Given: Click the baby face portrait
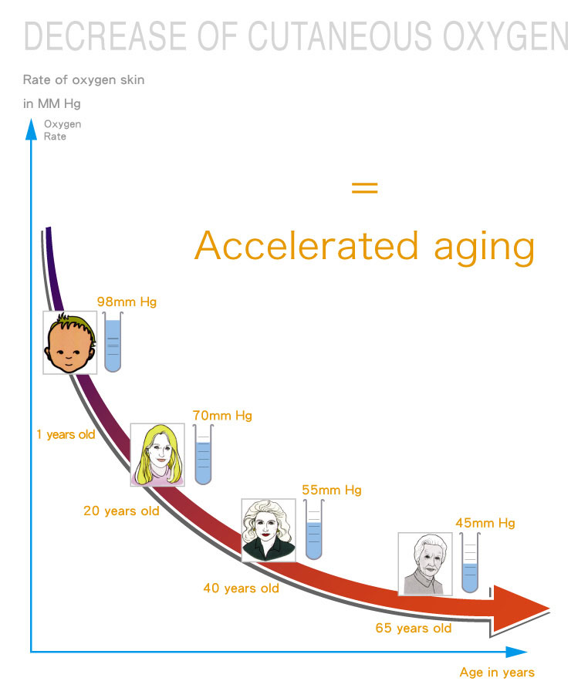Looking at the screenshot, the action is coord(70,342).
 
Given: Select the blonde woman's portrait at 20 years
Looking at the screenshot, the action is coord(157,454).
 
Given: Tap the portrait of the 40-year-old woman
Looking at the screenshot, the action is coord(269,530).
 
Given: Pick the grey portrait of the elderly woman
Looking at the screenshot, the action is coord(425,564).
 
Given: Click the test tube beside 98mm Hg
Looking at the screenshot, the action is coord(113,342).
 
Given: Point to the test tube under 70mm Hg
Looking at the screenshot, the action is coord(203,454).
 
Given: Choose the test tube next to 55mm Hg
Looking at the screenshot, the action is coord(314,529).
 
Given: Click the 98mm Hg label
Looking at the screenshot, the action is coord(127,302).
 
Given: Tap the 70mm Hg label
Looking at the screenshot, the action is coord(222,415).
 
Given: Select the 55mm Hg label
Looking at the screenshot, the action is coord(332,490).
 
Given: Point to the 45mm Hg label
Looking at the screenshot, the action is coord(485,523).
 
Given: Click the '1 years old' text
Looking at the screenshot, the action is coord(66,434).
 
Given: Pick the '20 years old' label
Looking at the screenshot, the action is coord(121,511).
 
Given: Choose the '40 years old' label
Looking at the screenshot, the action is coord(241,588).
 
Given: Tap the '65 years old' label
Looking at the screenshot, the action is coord(414,628).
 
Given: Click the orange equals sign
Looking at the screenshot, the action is coord(364,187).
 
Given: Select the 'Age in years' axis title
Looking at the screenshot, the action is coord(497,673).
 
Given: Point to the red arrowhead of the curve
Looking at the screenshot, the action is coord(519,609).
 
